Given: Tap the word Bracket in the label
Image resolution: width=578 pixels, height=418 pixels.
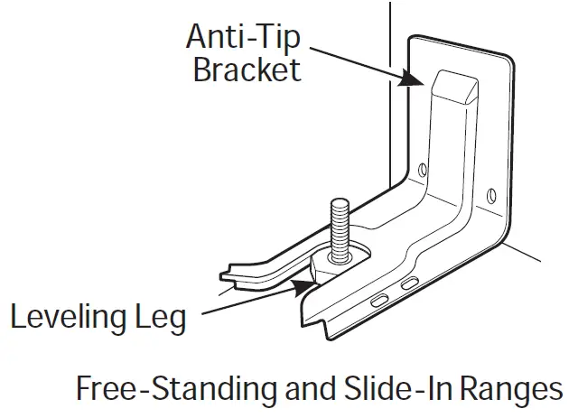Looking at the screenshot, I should [247, 70].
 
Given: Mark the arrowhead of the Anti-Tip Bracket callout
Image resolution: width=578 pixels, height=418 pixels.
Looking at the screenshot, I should [417, 81].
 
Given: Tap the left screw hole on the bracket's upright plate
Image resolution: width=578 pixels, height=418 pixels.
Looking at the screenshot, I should [423, 169].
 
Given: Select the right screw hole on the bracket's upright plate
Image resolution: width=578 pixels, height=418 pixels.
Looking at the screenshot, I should [489, 193].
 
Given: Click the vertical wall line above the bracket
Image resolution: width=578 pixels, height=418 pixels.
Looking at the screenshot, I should [389, 36].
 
